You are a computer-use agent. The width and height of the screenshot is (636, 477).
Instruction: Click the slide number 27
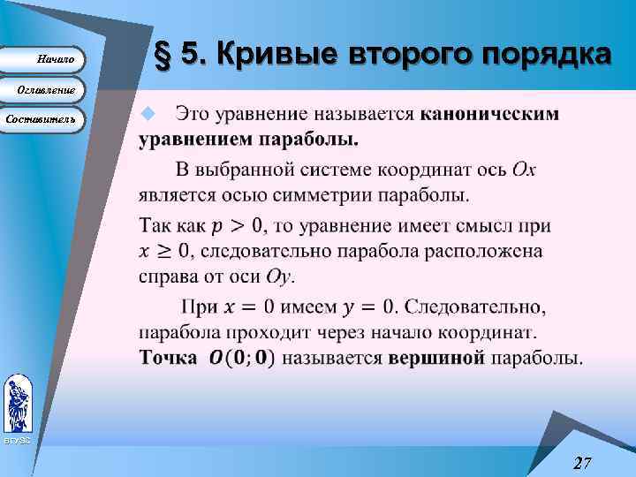point(582,463)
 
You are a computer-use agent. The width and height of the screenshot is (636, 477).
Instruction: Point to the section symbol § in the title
point(163,56)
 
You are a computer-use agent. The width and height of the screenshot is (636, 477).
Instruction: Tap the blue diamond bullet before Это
point(148,113)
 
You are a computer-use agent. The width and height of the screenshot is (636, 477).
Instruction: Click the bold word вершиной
point(436,358)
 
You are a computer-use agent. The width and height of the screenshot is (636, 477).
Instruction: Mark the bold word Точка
point(168,358)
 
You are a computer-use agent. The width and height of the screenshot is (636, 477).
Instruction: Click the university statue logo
point(17,403)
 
